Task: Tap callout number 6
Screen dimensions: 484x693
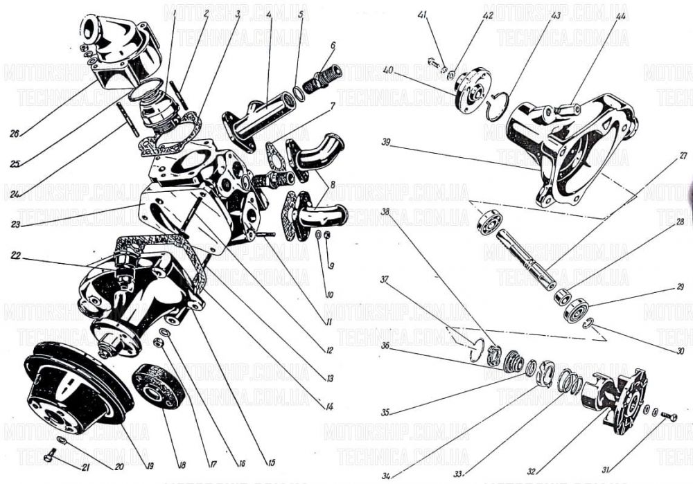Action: [x=333, y=46]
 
